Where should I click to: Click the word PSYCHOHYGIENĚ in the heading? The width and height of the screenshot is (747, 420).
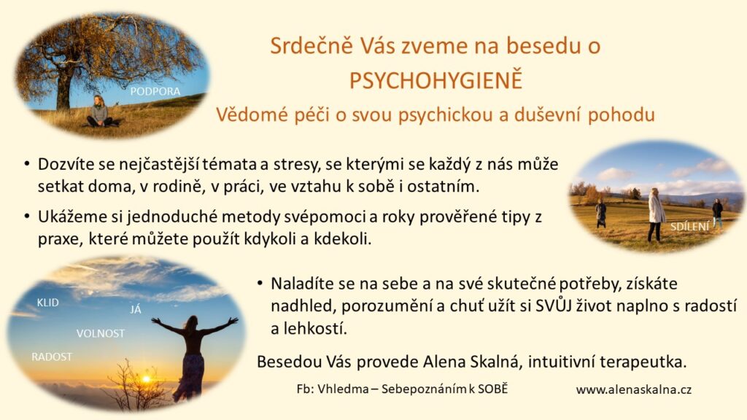[436, 80]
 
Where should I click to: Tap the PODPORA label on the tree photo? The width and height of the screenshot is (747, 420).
[155, 91]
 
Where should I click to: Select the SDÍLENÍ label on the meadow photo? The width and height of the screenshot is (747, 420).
[690, 227]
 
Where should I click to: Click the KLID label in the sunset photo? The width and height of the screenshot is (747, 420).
[47, 303]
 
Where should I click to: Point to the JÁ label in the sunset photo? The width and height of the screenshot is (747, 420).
[136, 309]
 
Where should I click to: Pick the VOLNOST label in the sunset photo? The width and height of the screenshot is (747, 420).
[101, 333]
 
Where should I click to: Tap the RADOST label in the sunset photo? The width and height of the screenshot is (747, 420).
[52, 357]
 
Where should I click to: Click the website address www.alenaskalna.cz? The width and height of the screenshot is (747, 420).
[634, 389]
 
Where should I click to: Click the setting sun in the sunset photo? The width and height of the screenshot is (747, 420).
[146, 379]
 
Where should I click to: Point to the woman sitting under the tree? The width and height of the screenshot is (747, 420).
[99, 112]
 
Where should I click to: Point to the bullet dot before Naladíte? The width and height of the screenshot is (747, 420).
[260, 284]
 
